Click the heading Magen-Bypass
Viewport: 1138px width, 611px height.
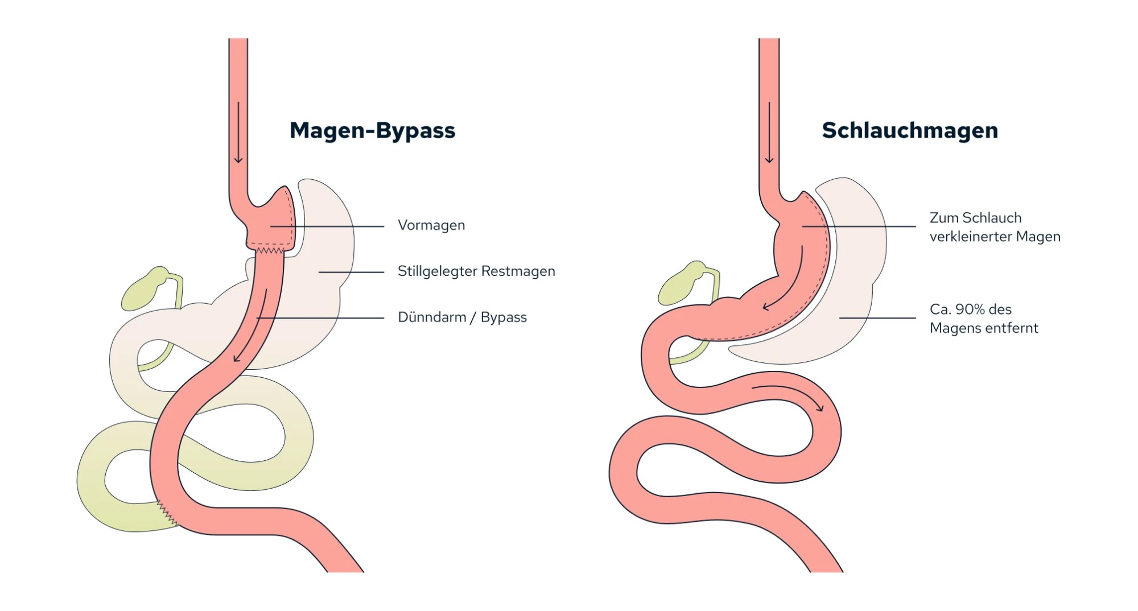(372, 131)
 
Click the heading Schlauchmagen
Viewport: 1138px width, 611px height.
(909, 131)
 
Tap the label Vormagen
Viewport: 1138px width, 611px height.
(431, 225)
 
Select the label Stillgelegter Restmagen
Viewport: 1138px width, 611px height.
(476, 271)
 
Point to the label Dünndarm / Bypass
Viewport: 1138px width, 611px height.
(462, 317)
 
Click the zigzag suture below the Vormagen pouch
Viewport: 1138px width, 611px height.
(270, 250)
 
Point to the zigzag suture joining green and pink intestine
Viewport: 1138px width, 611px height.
(167, 512)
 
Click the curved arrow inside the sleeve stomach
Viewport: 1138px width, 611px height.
(788, 284)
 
